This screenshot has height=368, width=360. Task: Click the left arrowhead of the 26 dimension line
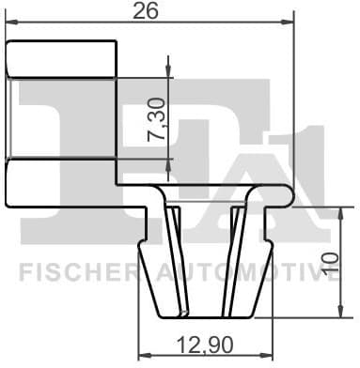12,27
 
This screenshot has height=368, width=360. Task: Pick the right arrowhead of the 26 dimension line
288,27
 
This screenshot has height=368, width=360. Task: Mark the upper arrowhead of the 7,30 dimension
169,62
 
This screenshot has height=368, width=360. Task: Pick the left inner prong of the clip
173,253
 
